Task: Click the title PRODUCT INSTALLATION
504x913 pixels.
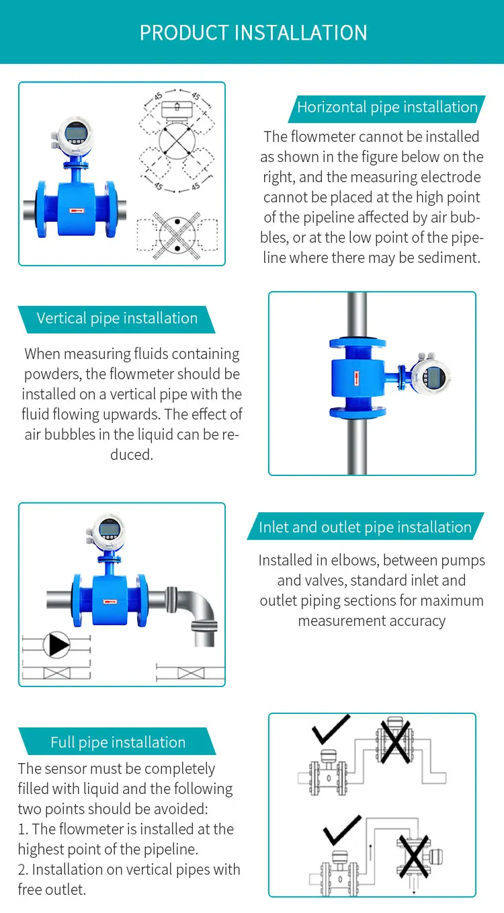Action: click(253, 32)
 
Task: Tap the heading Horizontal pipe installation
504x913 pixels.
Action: click(387, 107)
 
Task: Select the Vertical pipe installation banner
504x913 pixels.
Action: click(117, 318)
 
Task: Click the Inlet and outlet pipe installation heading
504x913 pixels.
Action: click(365, 527)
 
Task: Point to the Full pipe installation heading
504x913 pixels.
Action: click(118, 742)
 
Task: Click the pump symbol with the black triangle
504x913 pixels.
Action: click(56, 645)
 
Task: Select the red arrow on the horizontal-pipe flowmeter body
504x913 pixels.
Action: click(77, 211)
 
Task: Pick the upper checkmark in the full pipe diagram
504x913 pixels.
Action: click(331, 728)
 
